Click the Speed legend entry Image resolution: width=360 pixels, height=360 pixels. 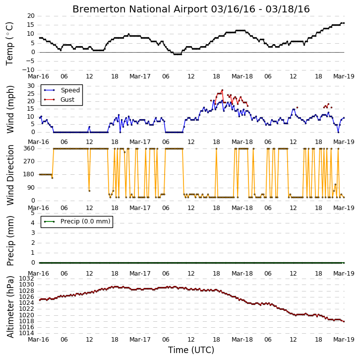click(x=62, y=90)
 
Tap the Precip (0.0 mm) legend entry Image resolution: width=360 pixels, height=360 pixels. click(x=77, y=221)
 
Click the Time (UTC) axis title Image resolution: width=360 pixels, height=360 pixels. click(x=191, y=350)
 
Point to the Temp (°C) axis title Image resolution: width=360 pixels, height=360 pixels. click(x=10, y=44)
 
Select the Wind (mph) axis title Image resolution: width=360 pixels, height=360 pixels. click(x=10, y=109)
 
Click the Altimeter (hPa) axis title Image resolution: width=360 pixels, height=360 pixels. click(x=10, y=307)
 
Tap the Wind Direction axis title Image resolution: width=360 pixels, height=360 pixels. click(x=10, y=175)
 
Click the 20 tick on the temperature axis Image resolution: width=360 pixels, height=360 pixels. click(x=31, y=16)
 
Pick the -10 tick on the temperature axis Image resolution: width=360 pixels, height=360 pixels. click(x=28, y=70)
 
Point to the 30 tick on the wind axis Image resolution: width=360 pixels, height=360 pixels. click(x=31, y=86)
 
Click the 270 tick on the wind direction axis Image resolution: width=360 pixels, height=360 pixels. click(x=29, y=161)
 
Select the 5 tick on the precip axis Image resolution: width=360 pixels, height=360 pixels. click(x=33, y=213)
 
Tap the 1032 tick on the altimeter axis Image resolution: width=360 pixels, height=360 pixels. click(x=26, y=279)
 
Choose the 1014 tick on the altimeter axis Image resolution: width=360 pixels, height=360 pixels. click(x=26, y=333)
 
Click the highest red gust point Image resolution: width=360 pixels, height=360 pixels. click(x=222, y=90)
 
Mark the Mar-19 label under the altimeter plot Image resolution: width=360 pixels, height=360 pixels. click(x=344, y=340)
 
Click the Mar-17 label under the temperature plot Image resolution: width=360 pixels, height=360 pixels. click(x=140, y=76)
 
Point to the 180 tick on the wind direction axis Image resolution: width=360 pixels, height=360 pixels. click(x=29, y=174)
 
